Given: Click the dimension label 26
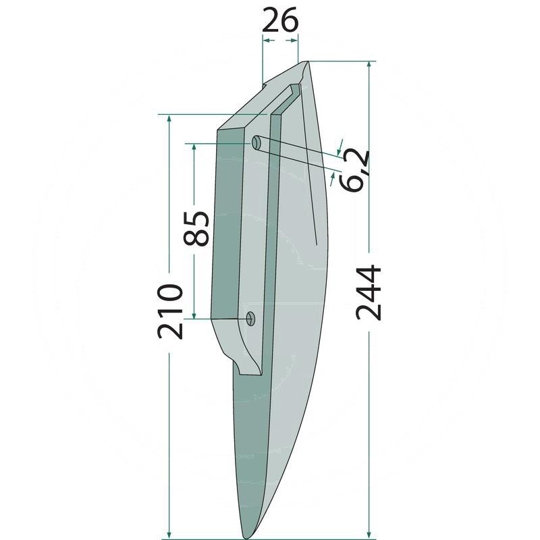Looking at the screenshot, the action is tap(279, 20).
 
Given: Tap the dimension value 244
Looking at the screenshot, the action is tap(369, 293).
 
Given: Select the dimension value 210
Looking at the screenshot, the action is tap(169, 312).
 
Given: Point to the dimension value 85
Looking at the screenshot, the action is tap(196, 228).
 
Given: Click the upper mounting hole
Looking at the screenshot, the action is tap(256, 142).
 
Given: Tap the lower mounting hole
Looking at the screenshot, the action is tap(250, 319).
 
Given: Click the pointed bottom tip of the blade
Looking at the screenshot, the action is tap(246, 536).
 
